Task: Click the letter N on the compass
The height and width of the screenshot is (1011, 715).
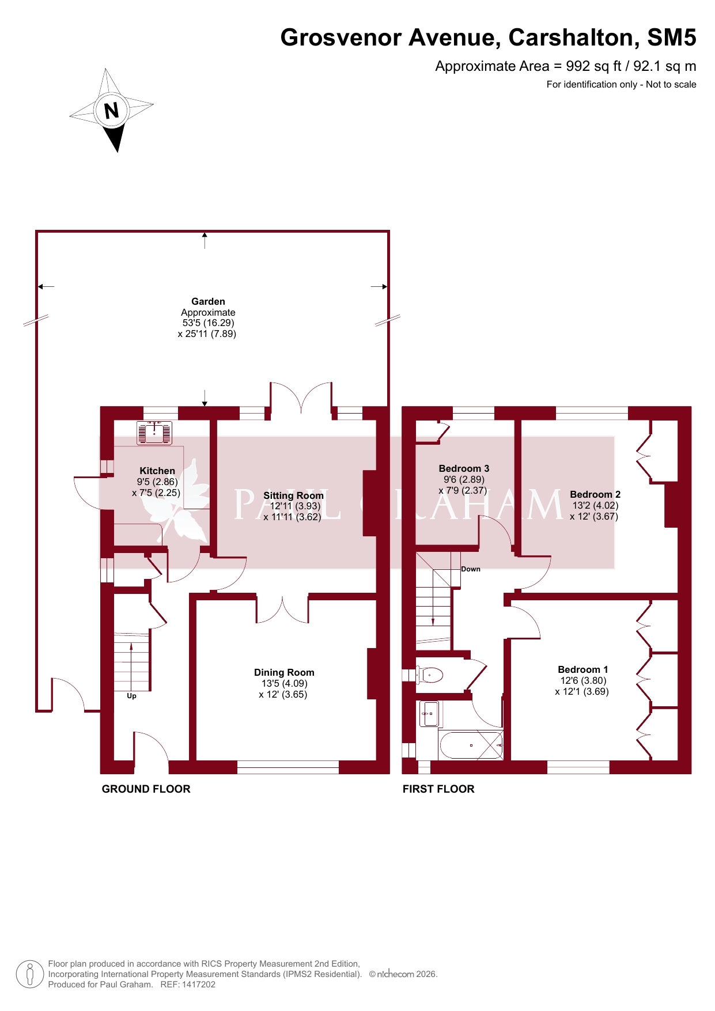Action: pos(111,110)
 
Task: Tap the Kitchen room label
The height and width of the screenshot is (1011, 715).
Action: pos(157,471)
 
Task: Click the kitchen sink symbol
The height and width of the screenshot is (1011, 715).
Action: pos(154,433)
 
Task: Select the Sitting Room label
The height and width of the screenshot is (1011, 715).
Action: pos(293,495)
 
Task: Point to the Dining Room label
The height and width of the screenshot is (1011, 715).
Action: pos(284,672)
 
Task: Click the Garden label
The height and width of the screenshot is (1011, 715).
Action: pos(208,301)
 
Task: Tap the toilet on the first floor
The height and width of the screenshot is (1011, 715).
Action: pos(430,675)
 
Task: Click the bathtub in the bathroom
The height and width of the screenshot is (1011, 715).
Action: pos(471,745)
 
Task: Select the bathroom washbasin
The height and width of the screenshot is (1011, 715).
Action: pos(429,714)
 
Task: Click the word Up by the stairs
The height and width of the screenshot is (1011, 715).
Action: pos(131,696)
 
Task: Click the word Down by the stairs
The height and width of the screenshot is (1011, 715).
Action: pos(471,569)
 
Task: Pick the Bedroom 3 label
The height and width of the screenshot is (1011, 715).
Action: pos(464,468)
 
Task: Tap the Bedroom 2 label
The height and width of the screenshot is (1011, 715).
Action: pos(595,494)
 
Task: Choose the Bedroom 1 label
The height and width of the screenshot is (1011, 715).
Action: pos(583,669)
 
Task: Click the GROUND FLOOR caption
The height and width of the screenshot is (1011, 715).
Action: pos(146,789)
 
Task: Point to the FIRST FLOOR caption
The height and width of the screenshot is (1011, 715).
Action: pos(438,789)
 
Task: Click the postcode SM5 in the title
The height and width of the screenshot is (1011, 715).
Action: pos(672,37)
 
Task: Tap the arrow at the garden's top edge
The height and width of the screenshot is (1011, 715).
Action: pos(205,240)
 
